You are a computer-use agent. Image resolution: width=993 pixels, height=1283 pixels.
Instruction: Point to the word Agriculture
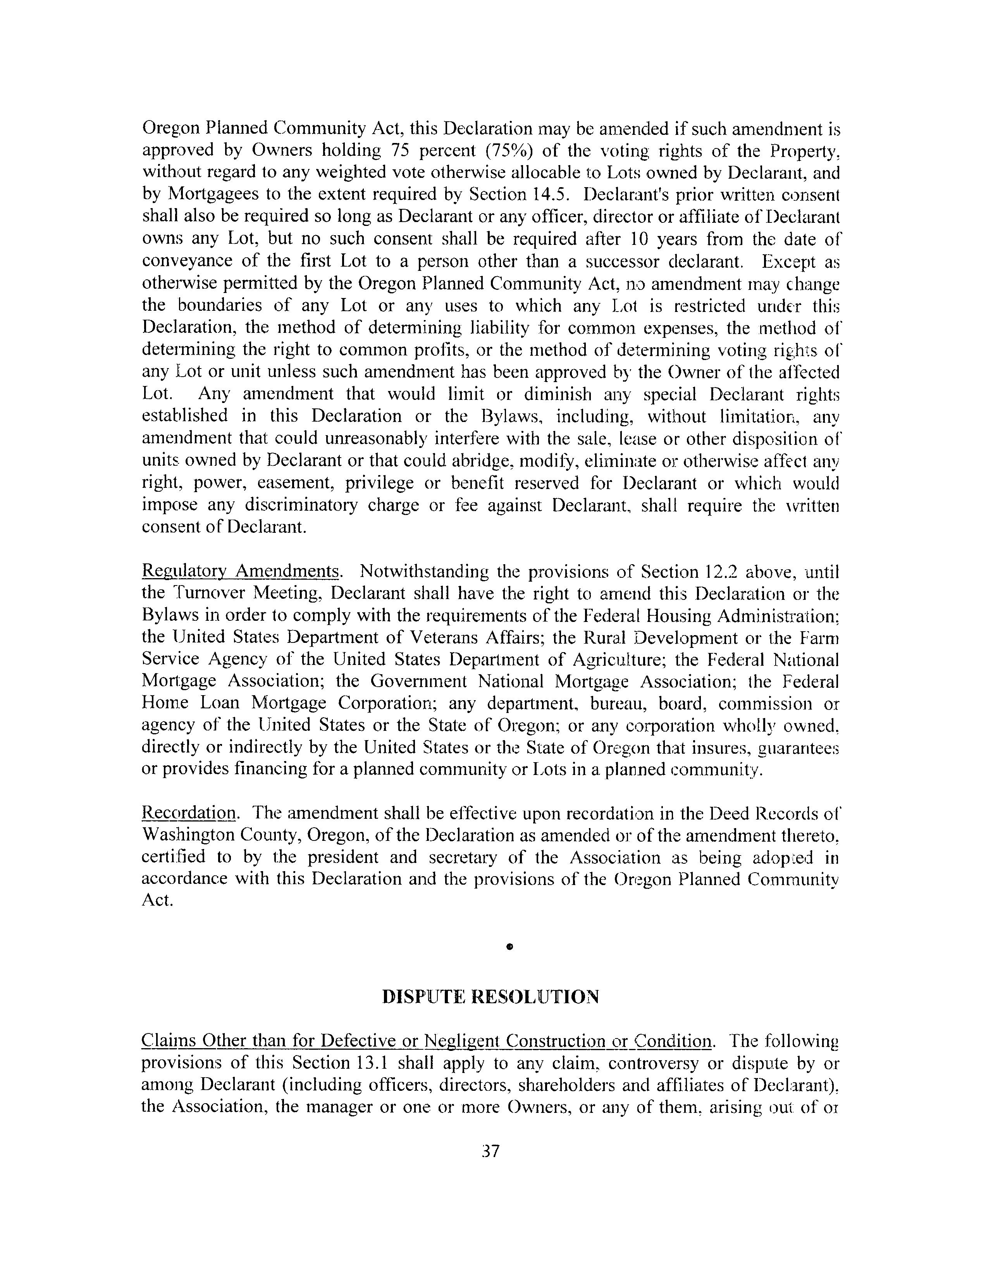coord(617,660)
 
